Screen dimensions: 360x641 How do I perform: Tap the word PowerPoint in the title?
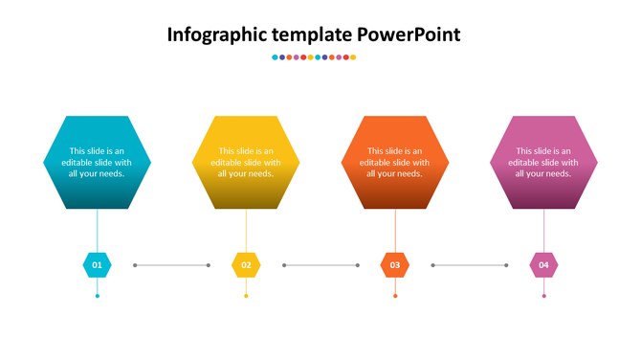coord(409,35)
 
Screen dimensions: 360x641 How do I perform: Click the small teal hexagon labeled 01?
coord(97,265)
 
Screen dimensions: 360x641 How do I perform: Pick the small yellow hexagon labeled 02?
coord(246,265)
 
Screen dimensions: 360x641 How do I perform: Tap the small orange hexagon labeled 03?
coord(395,265)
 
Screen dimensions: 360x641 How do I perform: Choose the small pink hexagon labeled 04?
coord(544,265)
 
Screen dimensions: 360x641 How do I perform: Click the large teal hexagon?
coord(97,163)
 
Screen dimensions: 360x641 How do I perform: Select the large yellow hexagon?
coord(246,163)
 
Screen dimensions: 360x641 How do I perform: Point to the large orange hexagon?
coord(395,163)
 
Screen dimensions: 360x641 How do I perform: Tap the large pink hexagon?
coord(544,163)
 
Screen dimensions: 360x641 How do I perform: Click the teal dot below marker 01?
coord(97,296)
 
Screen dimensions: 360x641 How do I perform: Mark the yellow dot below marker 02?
coord(246,296)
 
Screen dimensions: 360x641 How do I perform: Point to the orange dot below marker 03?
coord(395,296)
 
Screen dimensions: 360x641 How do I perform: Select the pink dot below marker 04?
coord(544,296)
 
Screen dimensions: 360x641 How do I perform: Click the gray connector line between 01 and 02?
coord(171,265)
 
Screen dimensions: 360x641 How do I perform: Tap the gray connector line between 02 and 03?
coord(320,265)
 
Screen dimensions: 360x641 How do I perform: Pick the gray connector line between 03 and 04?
coord(470,265)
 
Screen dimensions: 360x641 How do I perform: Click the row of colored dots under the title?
coord(314,57)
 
